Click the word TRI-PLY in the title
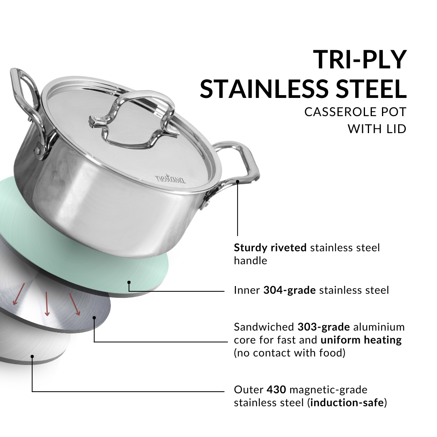(360, 59)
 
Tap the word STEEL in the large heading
(371, 89)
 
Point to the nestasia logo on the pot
(170, 178)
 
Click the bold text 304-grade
(290, 290)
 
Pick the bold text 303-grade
(324, 327)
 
